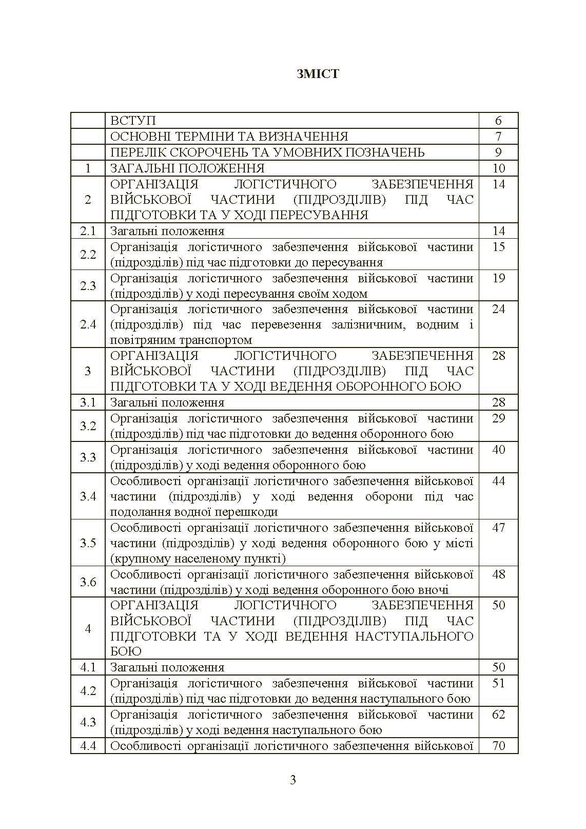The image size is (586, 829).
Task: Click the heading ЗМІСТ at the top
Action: point(318,74)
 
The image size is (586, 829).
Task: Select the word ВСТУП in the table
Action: point(133,121)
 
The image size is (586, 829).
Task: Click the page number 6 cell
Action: point(498,121)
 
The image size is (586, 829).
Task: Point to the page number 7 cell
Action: point(498,137)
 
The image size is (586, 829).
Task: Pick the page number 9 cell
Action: point(498,152)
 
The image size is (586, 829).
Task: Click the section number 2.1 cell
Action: point(88,231)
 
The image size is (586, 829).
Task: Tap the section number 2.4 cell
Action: point(88,324)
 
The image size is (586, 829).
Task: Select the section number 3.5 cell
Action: point(88,543)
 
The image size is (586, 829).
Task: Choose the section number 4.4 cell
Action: point(88,746)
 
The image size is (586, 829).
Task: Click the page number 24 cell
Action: point(498,309)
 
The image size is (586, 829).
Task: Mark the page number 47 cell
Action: point(498,528)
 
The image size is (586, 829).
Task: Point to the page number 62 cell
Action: point(498,715)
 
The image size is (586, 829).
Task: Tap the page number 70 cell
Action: point(498,746)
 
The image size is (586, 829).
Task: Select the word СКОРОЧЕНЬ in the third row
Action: point(225,152)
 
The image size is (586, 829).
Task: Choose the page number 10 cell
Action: point(498,168)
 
